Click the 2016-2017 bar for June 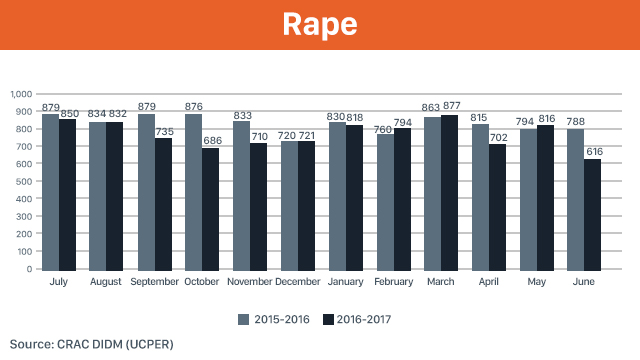click(592, 215)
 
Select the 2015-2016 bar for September click(146, 192)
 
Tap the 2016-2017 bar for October click(210, 209)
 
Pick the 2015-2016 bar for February click(385, 202)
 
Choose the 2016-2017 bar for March click(449, 193)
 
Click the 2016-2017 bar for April click(497, 207)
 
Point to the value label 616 click(594, 151)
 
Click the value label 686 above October click(213, 140)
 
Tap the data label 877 click(452, 106)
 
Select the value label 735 click(164, 131)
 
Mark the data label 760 click(383, 129)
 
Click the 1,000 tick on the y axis click(21, 94)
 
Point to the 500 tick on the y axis click(24, 181)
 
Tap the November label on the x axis click(249, 282)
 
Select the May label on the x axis click(536, 282)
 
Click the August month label click(106, 282)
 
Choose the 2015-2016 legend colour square click(244, 320)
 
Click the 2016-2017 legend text click(364, 319)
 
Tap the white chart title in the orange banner click(320, 24)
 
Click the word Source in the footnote click(32, 344)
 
